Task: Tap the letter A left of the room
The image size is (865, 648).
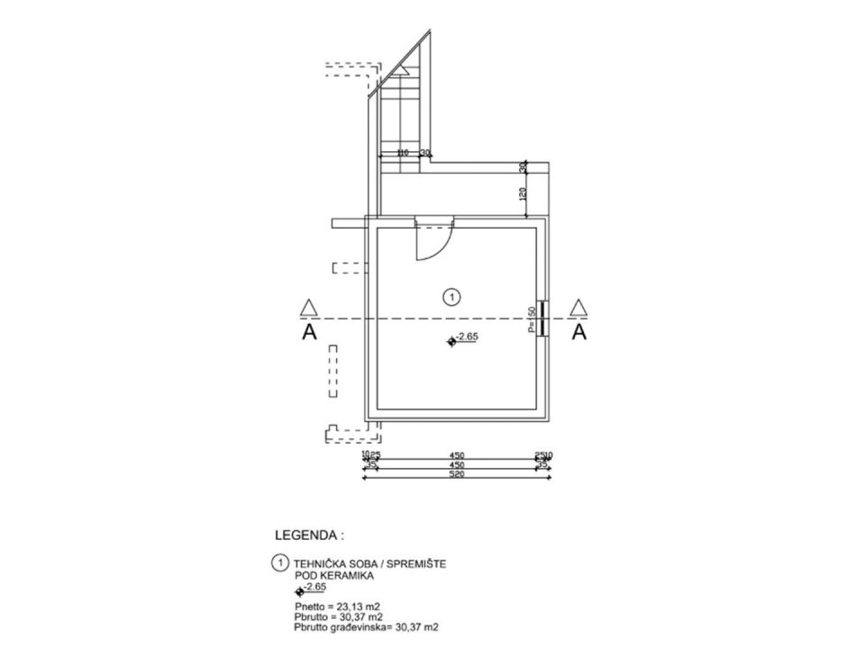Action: (309, 332)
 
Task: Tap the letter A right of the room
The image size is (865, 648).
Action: (579, 332)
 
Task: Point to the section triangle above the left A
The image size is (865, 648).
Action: (309, 308)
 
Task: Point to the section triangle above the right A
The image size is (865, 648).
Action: (579, 308)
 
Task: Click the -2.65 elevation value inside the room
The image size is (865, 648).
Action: (467, 337)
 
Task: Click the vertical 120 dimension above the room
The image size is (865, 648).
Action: (522, 193)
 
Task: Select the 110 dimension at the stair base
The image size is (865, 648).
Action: (403, 153)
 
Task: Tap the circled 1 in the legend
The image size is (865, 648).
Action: (279, 562)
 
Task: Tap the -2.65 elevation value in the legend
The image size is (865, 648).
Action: (315, 587)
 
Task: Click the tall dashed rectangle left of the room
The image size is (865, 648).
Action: (332, 373)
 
